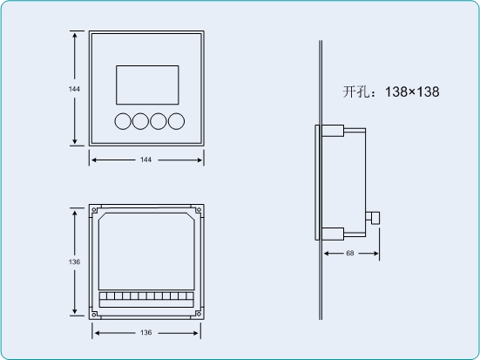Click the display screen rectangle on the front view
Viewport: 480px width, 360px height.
(147, 85)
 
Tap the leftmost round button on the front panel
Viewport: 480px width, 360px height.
(123, 121)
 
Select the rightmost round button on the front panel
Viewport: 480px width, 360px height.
(176, 121)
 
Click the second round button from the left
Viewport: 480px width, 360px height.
(140, 121)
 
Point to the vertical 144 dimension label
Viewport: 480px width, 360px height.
(74, 89)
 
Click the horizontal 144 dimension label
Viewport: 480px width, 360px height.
(145, 160)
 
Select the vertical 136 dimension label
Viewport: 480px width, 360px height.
(74, 262)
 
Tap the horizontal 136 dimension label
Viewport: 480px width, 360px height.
(145, 332)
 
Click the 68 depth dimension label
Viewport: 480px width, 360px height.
(350, 253)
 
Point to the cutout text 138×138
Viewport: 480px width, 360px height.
(412, 92)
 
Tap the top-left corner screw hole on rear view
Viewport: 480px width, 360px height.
(94, 210)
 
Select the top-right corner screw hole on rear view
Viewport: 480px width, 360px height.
(199, 210)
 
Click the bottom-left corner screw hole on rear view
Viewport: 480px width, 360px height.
(94, 314)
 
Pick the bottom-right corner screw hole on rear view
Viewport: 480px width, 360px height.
(199, 314)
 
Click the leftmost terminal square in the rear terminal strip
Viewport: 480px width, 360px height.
(103, 296)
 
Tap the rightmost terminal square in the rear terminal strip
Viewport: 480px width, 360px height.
(190, 296)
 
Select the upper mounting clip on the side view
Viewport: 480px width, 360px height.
(333, 131)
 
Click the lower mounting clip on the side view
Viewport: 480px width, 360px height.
(333, 234)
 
